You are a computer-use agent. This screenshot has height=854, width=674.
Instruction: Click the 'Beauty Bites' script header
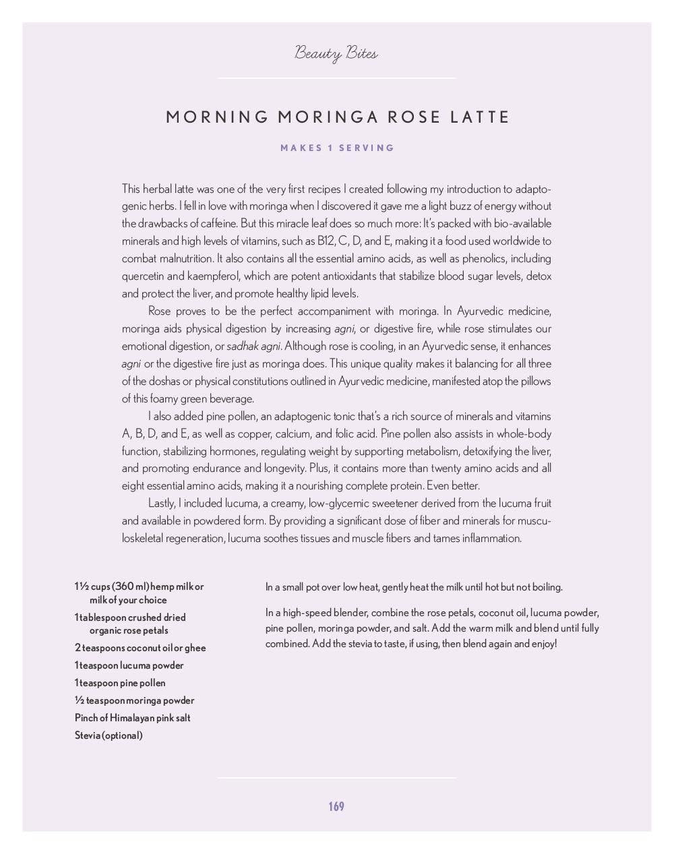(x=336, y=53)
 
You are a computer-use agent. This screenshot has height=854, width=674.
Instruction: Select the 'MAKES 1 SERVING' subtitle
(x=337, y=148)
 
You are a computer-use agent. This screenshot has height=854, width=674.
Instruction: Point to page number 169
(x=336, y=806)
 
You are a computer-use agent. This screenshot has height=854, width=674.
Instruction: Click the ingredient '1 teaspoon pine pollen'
(x=120, y=683)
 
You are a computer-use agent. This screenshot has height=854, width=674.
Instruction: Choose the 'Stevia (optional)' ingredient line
(x=109, y=735)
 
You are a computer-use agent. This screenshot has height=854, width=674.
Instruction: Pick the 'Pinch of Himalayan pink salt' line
(x=132, y=718)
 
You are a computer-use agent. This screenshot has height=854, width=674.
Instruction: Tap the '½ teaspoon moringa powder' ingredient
(x=134, y=700)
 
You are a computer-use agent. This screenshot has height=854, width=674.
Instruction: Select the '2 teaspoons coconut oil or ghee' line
(x=140, y=648)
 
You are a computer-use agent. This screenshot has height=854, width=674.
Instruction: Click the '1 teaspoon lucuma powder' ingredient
(x=129, y=665)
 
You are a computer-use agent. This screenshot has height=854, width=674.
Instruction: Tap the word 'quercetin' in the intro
(x=143, y=276)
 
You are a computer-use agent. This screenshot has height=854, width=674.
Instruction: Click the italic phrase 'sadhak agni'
(x=253, y=346)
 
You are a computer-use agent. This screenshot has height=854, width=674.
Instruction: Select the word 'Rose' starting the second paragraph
(x=159, y=311)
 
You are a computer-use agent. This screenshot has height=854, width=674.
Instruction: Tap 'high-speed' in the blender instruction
(x=309, y=613)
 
